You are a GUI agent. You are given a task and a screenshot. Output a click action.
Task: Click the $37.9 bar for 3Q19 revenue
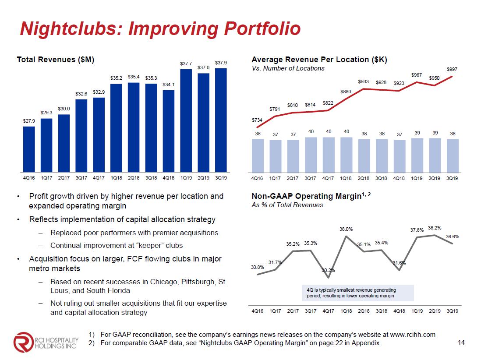(221, 120)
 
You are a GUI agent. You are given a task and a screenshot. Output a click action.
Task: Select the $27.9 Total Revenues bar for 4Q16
(29, 149)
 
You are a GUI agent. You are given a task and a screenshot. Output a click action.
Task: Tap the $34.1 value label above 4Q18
(169, 85)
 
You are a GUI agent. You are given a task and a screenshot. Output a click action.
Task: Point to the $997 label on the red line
(452, 69)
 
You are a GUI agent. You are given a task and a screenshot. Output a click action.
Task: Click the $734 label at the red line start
(257, 120)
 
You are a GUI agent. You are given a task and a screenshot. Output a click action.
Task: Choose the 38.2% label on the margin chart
(435, 228)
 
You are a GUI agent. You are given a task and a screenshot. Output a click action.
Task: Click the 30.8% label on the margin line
(257, 267)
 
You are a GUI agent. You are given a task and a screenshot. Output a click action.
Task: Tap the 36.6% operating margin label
(452, 236)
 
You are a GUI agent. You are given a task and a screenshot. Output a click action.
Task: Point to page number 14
(460, 342)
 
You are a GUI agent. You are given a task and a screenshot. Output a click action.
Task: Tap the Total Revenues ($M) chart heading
(56, 59)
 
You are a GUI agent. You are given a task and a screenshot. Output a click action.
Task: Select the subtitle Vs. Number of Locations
(288, 68)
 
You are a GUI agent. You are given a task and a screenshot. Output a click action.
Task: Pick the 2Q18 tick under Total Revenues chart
(134, 178)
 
